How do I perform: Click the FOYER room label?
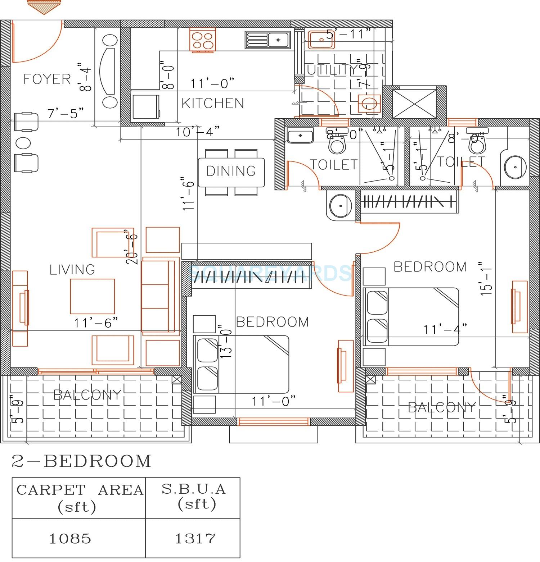(x=47, y=79)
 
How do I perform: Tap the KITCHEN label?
(x=212, y=103)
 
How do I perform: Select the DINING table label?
(x=231, y=171)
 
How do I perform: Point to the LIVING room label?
(x=72, y=270)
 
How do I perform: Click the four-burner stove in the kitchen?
(x=202, y=41)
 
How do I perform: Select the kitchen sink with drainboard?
(x=267, y=40)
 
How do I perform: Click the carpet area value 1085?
(x=70, y=538)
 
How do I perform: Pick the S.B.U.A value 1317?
(x=195, y=538)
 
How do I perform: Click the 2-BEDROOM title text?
(x=81, y=461)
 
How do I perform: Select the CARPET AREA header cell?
(x=79, y=498)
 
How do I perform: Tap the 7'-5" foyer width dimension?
(x=66, y=113)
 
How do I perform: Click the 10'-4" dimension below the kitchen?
(x=197, y=132)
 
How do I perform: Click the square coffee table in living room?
(x=93, y=296)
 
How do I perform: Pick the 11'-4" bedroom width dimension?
(x=445, y=329)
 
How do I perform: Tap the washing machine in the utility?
(x=369, y=104)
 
